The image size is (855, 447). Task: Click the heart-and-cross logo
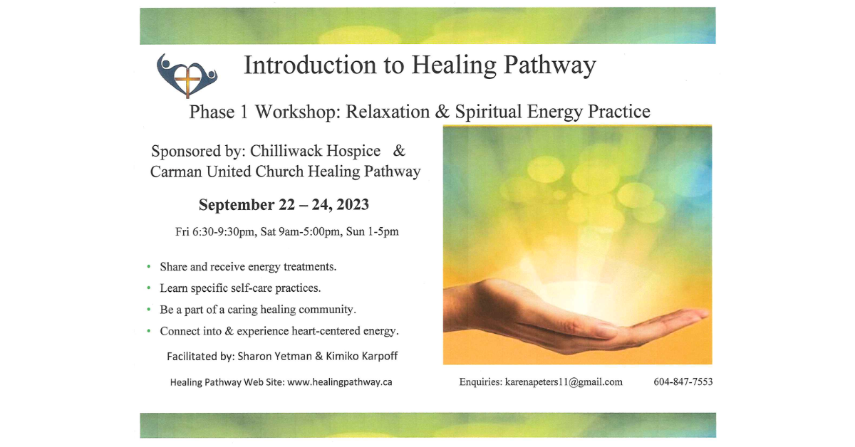186,75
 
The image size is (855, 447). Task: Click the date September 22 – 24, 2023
284,205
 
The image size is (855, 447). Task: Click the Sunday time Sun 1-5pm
373,232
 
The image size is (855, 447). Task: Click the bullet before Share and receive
149,267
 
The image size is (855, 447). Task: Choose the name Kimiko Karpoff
363,356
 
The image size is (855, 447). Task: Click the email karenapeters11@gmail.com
564,382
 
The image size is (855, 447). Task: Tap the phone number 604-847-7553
683,382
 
